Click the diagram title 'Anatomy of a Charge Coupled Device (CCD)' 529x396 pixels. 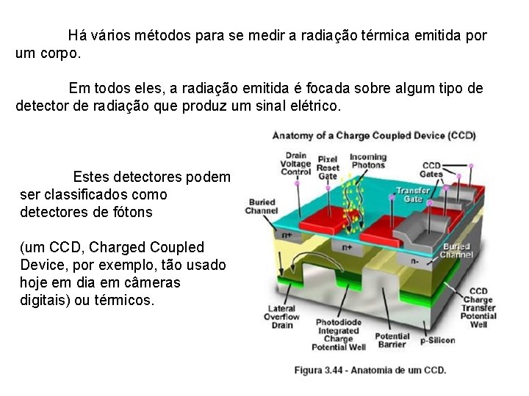click(373, 136)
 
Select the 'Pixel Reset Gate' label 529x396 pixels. click(327, 167)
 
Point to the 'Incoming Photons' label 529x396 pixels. click(368, 161)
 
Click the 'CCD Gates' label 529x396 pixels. click(431, 169)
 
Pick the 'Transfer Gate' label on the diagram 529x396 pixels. click(414, 194)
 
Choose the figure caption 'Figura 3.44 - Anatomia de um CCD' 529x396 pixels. click(370, 370)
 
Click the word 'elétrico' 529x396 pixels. click(316, 106)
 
